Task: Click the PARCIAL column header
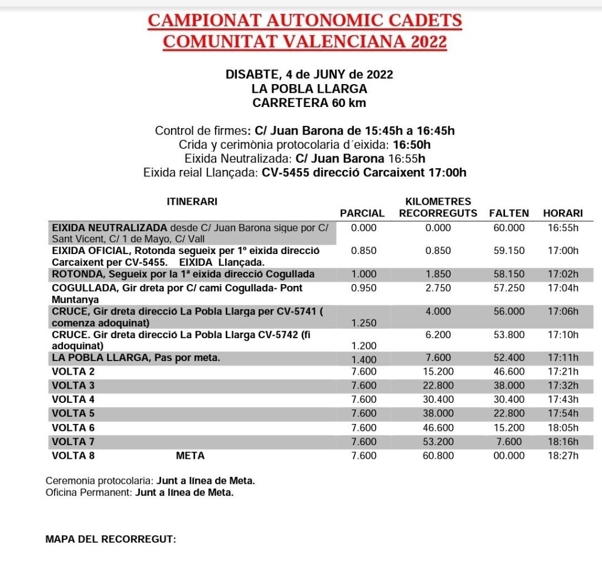(x=362, y=213)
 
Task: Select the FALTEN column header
(x=509, y=213)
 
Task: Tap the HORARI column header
(x=563, y=213)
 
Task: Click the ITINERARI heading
(x=192, y=201)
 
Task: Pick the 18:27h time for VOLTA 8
(x=563, y=455)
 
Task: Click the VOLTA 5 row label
(x=73, y=413)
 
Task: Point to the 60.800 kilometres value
(x=438, y=455)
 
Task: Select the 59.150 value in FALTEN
(x=509, y=251)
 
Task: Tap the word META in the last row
(x=190, y=455)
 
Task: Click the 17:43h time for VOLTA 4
(x=563, y=399)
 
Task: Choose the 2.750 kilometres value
(x=438, y=288)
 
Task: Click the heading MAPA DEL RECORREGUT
(x=111, y=539)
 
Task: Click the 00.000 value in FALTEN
(x=509, y=455)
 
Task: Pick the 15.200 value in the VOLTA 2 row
(x=438, y=372)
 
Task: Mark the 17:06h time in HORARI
(x=563, y=312)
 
